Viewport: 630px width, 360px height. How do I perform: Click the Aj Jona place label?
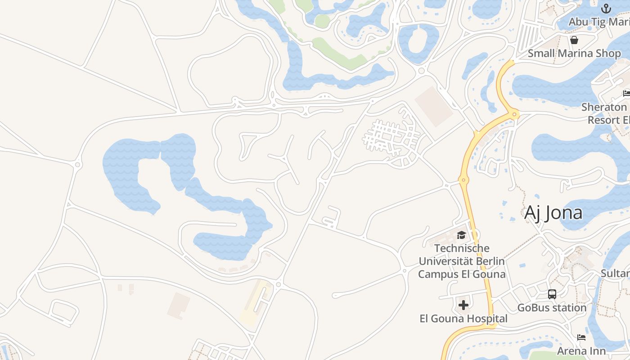click(553, 213)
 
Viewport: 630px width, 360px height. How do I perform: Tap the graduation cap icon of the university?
click(461, 235)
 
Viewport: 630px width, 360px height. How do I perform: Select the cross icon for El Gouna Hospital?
click(463, 306)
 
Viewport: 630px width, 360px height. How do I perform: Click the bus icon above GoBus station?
click(552, 294)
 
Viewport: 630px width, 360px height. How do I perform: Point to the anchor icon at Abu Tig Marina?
click(606, 9)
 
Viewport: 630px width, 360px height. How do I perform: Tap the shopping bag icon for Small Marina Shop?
click(574, 40)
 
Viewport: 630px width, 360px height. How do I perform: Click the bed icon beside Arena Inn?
click(581, 337)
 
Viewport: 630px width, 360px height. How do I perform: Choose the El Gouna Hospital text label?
click(463, 319)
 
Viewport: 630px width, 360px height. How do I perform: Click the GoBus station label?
click(552, 308)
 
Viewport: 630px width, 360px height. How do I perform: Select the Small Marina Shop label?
click(574, 53)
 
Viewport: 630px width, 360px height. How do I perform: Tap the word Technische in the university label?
click(462, 248)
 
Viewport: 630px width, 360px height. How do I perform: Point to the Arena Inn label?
click(581, 351)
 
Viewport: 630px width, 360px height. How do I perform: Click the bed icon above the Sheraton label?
click(626, 94)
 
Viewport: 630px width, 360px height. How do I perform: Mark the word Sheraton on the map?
click(604, 107)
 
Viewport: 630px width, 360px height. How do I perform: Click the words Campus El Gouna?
click(462, 274)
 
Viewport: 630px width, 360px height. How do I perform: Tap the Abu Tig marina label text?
click(599, 22)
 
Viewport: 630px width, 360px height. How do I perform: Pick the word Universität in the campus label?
click(462, 261)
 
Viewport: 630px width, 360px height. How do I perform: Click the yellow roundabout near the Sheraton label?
click(515, 115)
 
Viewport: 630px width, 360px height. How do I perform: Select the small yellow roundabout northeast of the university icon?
click(464, 180)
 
